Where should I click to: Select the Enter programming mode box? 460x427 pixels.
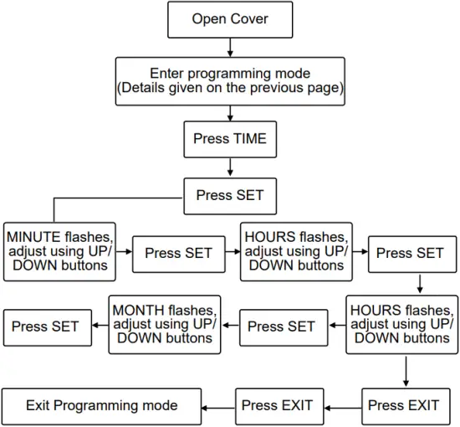[230, 80]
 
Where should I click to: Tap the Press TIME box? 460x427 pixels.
[230, 139]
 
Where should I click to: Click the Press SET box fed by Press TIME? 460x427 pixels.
[230, 196]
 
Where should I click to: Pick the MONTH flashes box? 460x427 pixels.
[164, 324]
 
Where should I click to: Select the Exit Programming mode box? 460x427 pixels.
[102, 406]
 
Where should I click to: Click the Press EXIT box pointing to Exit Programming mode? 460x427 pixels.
[277, 406]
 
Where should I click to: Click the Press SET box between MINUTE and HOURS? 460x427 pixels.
[178, 252]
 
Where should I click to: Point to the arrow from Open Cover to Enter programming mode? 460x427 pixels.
[230, 48]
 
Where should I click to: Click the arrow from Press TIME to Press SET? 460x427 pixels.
[230, 167]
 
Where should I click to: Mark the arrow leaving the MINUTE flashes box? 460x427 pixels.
[124, 251]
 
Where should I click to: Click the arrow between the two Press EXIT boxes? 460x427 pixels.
[340, 407]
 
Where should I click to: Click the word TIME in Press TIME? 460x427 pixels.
[248, 139]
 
